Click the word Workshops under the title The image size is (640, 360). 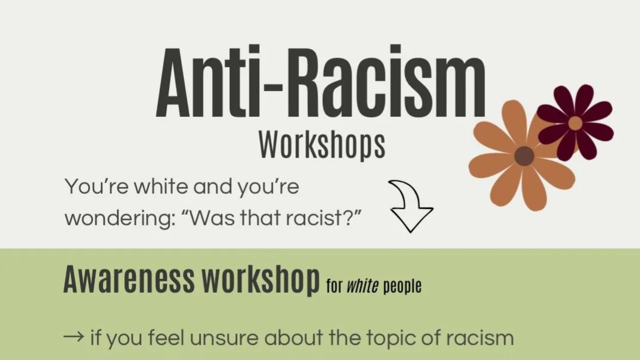tap(322, 145)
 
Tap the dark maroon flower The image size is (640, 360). tap(575, 122)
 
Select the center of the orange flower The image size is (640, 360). tap(524, 156)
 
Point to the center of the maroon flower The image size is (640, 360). tap(575, 123)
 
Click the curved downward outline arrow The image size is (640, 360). tap(410, 206)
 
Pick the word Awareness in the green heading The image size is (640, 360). tap(129, 280)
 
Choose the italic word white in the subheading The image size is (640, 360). tap(363, 286)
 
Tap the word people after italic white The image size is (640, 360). tap(402, 287)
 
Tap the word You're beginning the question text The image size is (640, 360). tap(95, 187)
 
